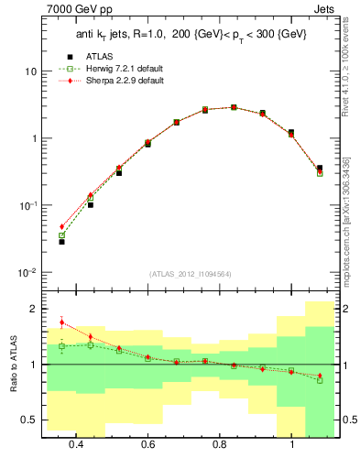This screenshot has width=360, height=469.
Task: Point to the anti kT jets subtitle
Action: coord(191,35)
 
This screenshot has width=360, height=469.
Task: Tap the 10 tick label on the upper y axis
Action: coord(30,71)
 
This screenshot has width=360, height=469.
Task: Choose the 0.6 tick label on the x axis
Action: coord(147,444)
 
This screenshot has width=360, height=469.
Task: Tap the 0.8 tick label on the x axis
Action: coord(220,444)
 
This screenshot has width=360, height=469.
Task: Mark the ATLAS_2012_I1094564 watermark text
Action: coord(191,273)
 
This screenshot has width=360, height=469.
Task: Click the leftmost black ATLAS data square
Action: coord(62,242)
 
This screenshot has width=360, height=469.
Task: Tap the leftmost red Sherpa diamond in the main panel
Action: coord(62,226)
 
